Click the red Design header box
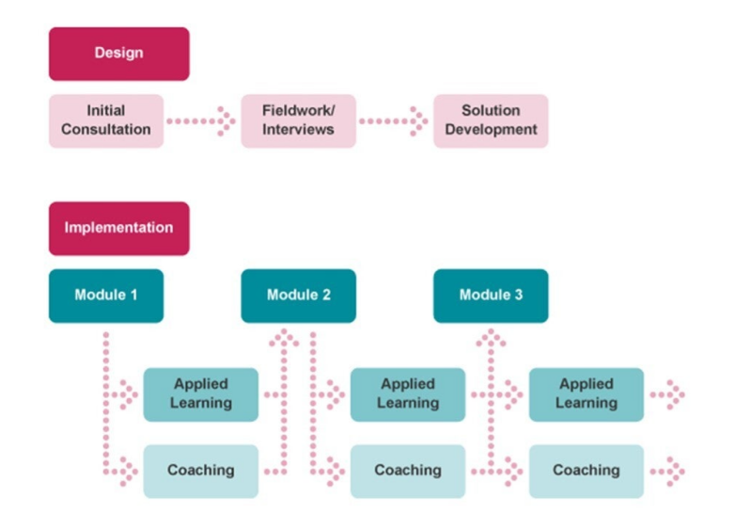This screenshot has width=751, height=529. pyautogui.click(x=118, y=54)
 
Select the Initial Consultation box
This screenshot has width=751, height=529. pyautogui.click(x=106, y=120)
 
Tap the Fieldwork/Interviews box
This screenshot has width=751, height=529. pyautogui.click(x=298, y=120)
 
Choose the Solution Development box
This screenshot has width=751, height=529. pyautogui.click(x=490, y=120)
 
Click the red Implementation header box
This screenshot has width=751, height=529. pyautogui.click(x=118, y=228)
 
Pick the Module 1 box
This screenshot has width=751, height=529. pyautogui.click(x=106, y=296)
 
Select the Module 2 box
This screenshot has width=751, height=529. pyautogui.click(x=298, y=296)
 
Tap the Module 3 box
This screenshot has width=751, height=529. pyautogui.click(x=490, y=296)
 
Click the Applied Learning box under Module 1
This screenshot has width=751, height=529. pyautogui.click(x=200, y=393)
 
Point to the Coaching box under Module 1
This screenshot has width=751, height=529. pyautogui.click(x=200, y=471)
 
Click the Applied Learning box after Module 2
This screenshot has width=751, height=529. pyautogui.click(x=407, y=393)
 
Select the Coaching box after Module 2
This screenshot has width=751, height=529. pyautogui.click(x=407, y=471)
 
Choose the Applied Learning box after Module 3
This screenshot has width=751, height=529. pyautogui.click(x=586, y=393)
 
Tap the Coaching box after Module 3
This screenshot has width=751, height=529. pyautogui.click(x=586, y=471)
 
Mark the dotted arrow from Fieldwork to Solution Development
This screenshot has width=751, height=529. pyautogui.click(x=393, y=120)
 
